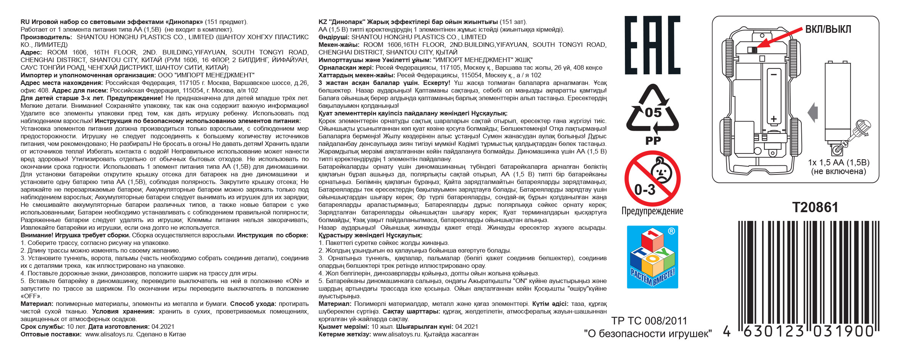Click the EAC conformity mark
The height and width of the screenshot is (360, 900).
point(652,45)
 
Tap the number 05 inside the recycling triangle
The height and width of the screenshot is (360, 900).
point(653,113)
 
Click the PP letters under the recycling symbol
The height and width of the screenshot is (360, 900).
point(653,141)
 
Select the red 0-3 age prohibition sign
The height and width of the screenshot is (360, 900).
point(652,178)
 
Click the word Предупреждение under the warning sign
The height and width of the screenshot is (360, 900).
point(652,211)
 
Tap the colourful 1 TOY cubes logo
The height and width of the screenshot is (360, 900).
point(652,257)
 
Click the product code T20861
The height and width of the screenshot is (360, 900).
point(815,208)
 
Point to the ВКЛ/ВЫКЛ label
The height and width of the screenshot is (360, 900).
point(828,29)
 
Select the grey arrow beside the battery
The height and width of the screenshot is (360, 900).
point(812,112)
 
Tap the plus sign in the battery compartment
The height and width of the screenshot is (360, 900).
point(773,118)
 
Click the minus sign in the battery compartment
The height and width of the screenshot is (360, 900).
point(773,75)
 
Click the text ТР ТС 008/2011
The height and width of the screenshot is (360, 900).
point(649,321)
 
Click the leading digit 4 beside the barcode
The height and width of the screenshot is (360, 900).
point(727,332)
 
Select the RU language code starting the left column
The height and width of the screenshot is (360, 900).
point(25,22)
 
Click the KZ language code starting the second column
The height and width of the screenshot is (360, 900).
point(322,22)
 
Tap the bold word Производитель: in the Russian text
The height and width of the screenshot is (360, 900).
point(46,37)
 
